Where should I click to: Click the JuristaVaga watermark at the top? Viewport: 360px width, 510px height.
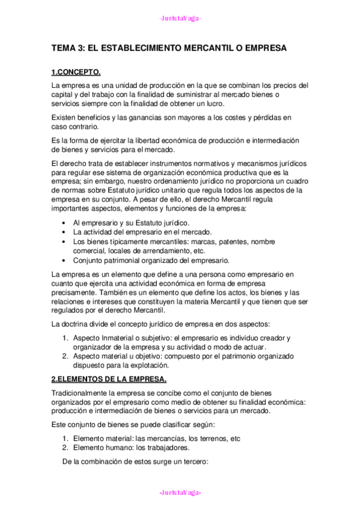(x=180, y=18)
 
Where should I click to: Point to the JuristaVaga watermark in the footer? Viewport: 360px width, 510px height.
(x=180, y=493)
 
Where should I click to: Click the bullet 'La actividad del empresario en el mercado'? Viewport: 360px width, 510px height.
(x=142, y=232)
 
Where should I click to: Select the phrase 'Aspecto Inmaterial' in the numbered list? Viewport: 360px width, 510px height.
(x=101, y=338)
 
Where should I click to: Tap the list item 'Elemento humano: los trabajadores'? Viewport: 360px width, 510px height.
(x=131, y=447)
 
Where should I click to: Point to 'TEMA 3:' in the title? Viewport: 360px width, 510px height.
(x=67, y=48)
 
